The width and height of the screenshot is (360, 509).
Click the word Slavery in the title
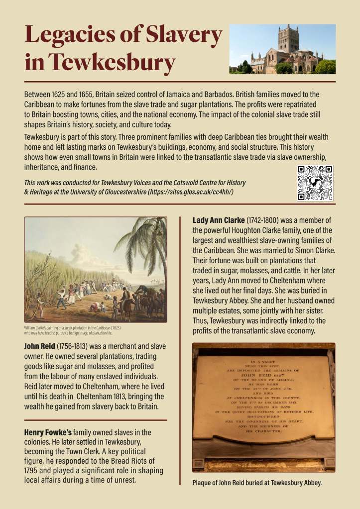coord(184,35)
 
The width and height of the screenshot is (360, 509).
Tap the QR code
coord(315,183)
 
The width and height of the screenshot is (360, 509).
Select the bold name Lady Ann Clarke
coord(217,220)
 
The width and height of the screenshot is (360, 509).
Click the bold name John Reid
coord(39,346)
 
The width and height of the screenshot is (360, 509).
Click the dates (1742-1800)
coord(263,220)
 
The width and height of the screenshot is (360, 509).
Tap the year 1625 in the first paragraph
coord(67,94)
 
